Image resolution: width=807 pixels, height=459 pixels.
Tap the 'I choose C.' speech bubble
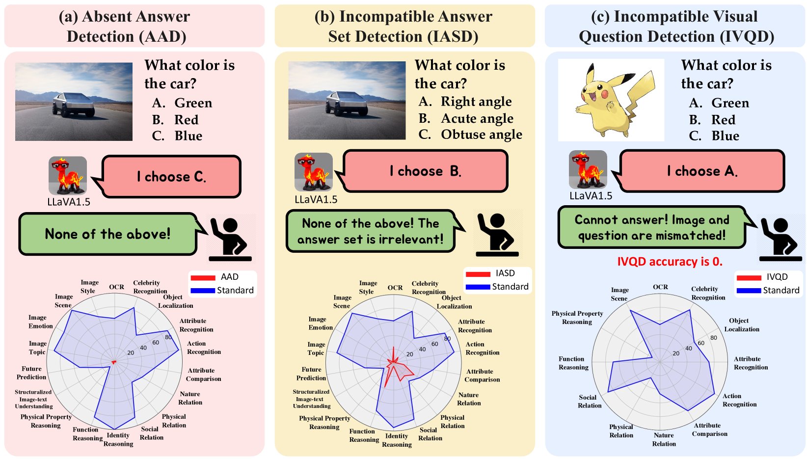click(x=171, y=177)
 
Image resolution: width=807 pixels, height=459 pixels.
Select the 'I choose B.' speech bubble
click(x=425, y=171)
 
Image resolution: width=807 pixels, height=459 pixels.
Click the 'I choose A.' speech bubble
click(x=702, y=171)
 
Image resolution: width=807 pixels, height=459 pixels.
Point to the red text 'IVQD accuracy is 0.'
click(x=670, y=262)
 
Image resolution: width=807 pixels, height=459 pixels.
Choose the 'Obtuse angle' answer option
click(x=470, y=135)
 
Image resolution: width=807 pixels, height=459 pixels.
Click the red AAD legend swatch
click(x=203, y=278)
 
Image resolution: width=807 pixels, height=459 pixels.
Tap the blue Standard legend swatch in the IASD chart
click(x=478, y=287)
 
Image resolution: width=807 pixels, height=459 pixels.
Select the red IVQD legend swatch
click(x=749, y=278)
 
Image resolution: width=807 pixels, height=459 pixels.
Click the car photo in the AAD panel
click(x=74, y=102)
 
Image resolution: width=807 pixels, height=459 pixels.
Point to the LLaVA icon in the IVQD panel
click(x=588, y=170)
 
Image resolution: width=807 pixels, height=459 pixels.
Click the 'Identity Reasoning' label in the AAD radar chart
click(x=118, y=439)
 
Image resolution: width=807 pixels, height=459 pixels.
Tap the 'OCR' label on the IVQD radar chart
click(x=660, y=287)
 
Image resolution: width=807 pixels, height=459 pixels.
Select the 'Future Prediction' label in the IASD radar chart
click(x=311, y=374)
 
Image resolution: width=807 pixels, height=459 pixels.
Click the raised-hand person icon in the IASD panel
click(x=497, y=235)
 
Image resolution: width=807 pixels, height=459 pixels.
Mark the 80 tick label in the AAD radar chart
click(x=168, y=337)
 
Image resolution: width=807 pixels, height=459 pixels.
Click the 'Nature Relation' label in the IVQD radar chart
click(x=664, y=439)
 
